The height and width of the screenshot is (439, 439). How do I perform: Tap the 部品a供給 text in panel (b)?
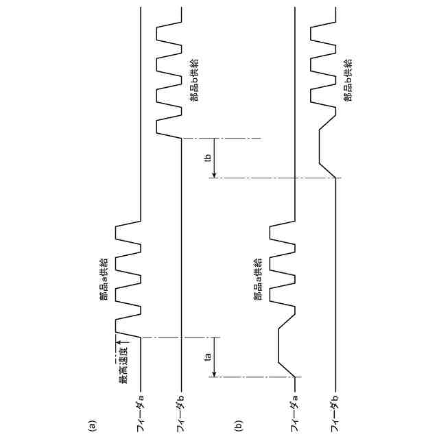tap(259, 278)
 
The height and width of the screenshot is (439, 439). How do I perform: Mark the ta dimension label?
tap(207, 356)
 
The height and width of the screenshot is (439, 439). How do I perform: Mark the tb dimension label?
tap(207, 158)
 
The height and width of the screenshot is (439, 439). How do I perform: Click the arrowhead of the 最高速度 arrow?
tap(117, 342)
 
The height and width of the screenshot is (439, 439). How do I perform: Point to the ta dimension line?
tap(215, 356)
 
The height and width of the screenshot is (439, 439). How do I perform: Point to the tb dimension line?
tap(215, 158)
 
